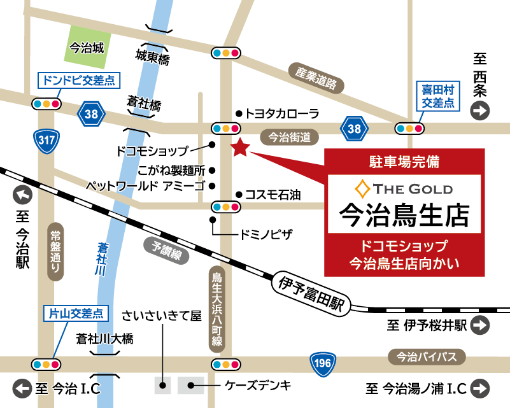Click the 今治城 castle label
(86, 46)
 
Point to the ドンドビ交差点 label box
(78, 81)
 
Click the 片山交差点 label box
(76, 313)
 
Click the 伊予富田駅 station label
(310, 292)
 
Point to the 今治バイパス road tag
(426, 356)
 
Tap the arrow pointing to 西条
(479, 112)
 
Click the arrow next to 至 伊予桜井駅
(480, 325)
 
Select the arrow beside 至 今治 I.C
(24, 387)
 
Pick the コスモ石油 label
(273, 195)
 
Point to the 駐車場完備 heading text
(404, 162)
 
